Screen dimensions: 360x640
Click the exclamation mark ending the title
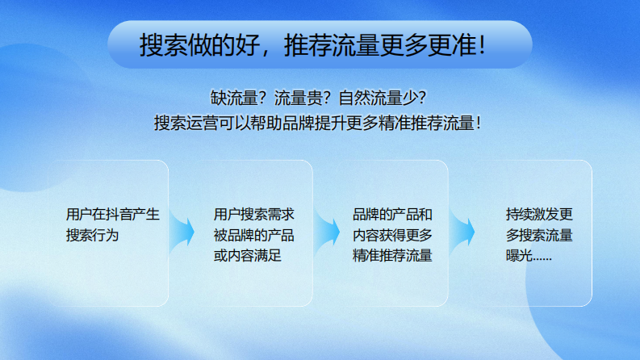(x=482, y=45)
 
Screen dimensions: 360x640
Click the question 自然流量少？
(x=383, y=98)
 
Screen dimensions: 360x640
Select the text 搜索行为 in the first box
(x=93, y=236)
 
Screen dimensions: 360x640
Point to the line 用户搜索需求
(x=253, y=216)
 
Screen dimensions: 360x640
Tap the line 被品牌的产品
(x=253, y=236)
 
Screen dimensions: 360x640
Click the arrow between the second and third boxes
(x=327, y=232)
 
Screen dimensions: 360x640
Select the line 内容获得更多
(x=393, y=236)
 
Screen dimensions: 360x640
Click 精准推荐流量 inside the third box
(x=393, y=257)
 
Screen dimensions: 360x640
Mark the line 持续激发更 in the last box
(x=539, y=216)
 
